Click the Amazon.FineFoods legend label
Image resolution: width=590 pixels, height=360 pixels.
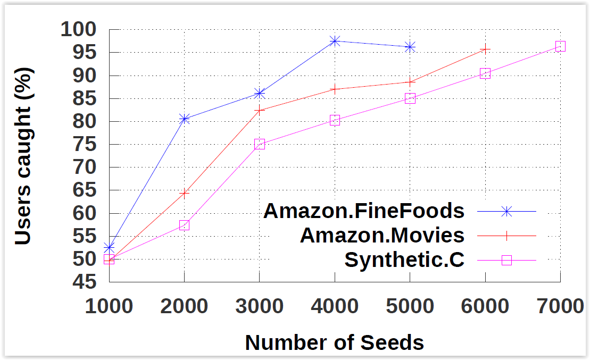click(x=364, y=211)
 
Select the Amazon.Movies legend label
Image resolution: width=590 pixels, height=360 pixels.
click(x=382, y=235)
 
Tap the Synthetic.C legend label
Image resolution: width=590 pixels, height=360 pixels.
click(x=404, y=260)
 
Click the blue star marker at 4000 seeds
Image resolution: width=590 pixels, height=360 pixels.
click(x=335, y=41)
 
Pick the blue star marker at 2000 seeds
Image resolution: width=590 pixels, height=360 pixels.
click(x=184, y=119)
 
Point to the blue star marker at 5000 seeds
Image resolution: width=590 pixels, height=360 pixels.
click(x=410, y=47)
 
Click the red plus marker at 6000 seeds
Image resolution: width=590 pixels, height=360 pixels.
click(x=485, y=49)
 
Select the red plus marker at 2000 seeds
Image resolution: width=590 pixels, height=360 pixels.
click(x=184, y=193)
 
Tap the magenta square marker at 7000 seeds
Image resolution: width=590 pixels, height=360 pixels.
click(x=560, y=46)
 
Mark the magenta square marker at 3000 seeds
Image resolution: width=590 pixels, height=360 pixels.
click(x=260, y=144)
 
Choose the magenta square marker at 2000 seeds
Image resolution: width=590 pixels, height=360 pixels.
click(x=184, y=225)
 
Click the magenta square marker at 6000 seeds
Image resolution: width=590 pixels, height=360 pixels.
click(x=485, y=73)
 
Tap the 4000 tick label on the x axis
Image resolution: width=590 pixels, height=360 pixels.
click(x=334, y=307)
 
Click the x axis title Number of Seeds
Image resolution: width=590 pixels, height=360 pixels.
click(x=334, y=343)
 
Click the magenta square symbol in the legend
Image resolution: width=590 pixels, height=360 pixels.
click(x=506, y=260)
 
